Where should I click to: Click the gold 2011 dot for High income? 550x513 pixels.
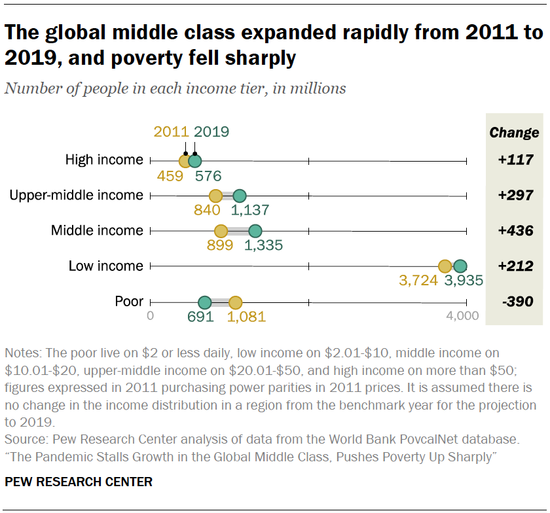pyautogui.click(x=186, y=160)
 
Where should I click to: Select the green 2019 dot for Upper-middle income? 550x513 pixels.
pyautogui.click(x=240, y=196)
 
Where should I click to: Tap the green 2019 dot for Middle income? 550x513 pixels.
pyautogui.click(x=255, y=230)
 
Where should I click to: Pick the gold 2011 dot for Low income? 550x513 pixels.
pyautogui.click(x=445, y=266)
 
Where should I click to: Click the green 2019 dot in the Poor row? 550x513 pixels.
pyautogui.click(x=205, y=302)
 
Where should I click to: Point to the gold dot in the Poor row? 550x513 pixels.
pyautogui.click(x=236, y=302)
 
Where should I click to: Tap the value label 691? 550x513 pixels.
pyautogui.click(x=201, y=317)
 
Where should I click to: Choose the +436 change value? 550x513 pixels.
pyautogui.click(x=515, y=231)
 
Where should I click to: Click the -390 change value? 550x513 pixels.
pyautogui.click(x=515, y=302)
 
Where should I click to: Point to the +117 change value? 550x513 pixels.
pyautogui.click(x=515, y=160)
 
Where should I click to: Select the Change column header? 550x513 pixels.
pyautogui.click(x=515, y=133)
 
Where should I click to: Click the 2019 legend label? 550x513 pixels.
pyautogui.click(x=211, y=132)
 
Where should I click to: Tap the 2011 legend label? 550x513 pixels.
pyautogui.click(x=172, y=132)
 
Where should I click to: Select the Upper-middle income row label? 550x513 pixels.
pyautogui.click(x=76, y=195)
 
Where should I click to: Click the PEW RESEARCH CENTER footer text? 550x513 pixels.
pyautogui.click(x=79, y=482)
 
